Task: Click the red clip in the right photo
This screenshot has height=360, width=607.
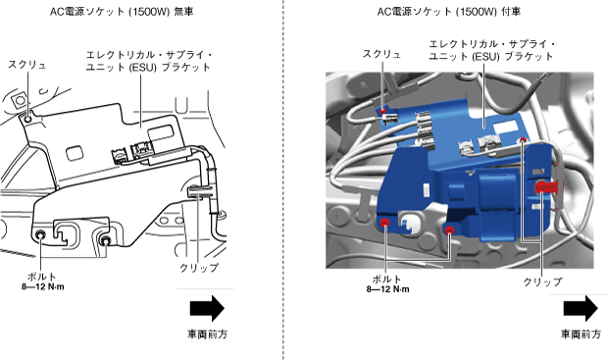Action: (546, 187)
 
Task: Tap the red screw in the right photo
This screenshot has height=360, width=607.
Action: (382, 111)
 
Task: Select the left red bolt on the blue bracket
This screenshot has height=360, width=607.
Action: (384, 223)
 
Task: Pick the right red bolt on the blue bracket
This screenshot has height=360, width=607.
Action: (449, 231)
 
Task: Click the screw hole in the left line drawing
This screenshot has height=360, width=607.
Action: (27, 119)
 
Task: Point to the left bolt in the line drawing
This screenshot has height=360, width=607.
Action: (40, 234)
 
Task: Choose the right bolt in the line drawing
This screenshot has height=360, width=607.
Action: (105, 240)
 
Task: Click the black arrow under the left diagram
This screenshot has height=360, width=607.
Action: (207, 309)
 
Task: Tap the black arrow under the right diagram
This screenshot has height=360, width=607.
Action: (581, 309)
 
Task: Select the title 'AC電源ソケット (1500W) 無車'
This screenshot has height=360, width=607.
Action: (122, 12)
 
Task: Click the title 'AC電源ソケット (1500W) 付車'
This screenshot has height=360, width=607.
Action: (449, 12)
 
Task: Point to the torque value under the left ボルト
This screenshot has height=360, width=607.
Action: (43, 287)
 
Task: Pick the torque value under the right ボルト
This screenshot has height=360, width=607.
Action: (388, 289)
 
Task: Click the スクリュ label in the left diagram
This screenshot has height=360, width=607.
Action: (27, 65)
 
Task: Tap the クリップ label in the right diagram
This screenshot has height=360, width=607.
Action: (542, 282)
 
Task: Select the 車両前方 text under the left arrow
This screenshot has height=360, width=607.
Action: (208, 334)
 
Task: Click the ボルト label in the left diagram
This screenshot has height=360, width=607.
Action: (42, 277)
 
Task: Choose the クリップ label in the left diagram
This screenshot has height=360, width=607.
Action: (199, 268)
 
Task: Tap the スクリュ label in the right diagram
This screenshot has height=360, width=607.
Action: (381, 54)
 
